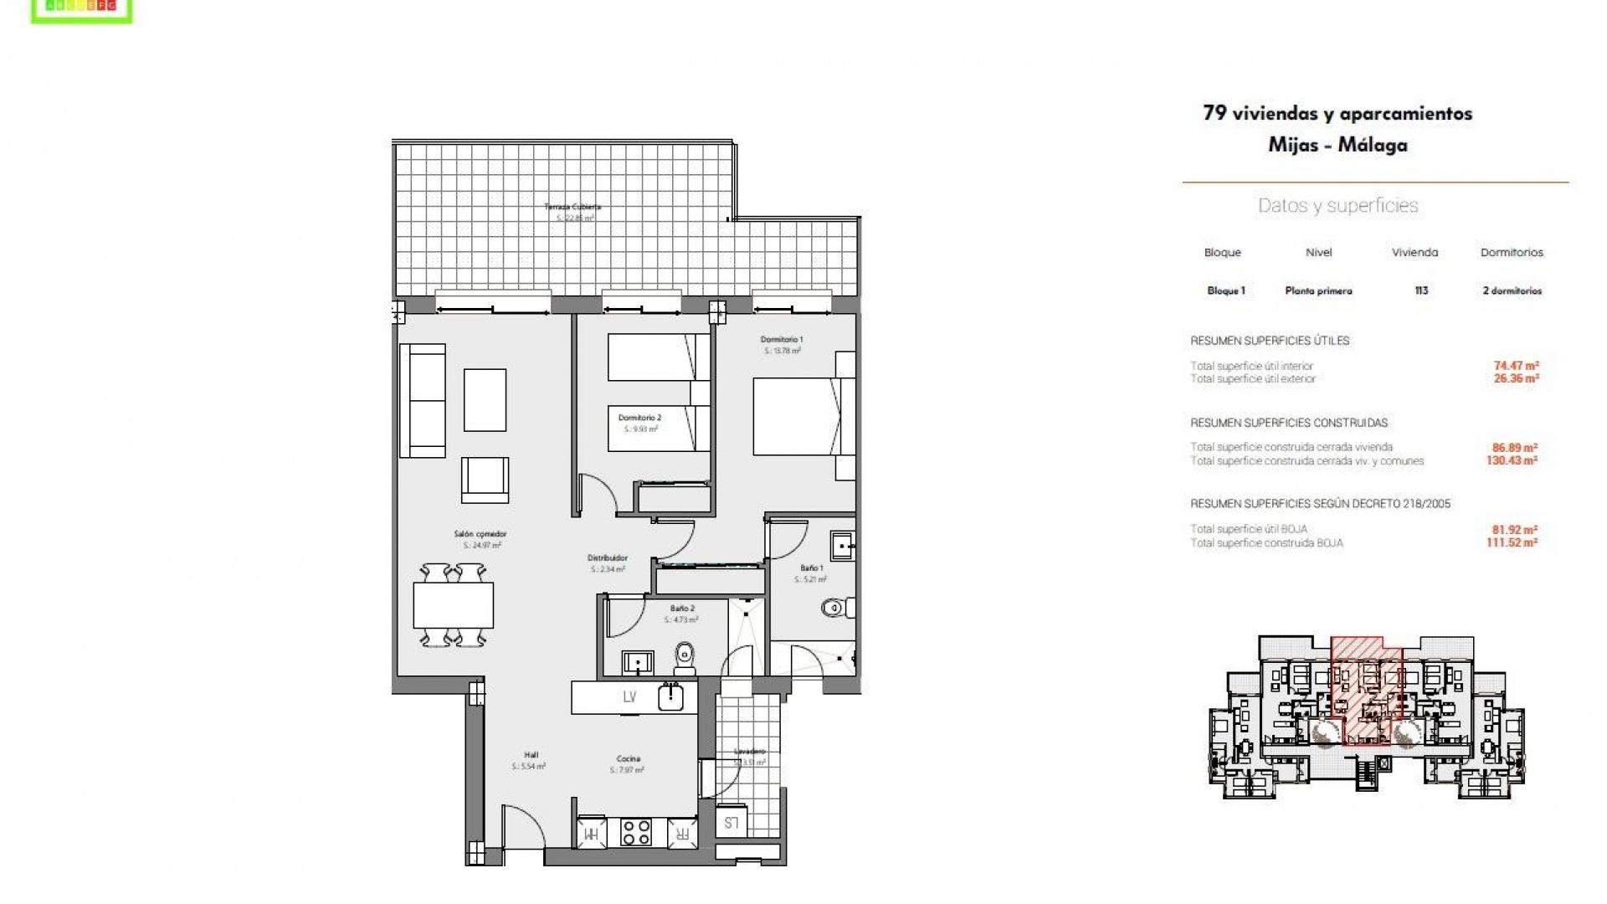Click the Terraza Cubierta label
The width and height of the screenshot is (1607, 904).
572,207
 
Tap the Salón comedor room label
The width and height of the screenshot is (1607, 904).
480,534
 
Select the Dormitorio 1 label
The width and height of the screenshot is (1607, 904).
782,340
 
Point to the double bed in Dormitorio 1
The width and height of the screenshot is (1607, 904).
795,417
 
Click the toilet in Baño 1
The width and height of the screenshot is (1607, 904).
836,608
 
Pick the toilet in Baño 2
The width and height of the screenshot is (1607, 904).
685,658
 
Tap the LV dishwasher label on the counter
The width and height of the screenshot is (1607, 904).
629,697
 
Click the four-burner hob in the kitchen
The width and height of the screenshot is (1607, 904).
635,832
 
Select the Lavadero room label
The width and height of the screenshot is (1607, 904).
749,752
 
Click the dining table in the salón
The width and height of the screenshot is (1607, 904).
453,605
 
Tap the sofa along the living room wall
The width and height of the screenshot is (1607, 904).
423,401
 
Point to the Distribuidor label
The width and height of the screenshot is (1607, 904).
608,558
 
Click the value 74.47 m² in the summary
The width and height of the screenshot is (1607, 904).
1516,366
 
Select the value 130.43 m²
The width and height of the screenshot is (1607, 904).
1512,460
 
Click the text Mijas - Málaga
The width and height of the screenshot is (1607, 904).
1337,145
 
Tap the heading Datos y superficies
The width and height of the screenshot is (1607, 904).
1337,206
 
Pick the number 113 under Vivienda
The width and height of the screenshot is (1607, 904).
1421,291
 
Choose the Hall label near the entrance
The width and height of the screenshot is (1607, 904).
531,755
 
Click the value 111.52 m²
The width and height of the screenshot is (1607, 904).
1512,542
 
